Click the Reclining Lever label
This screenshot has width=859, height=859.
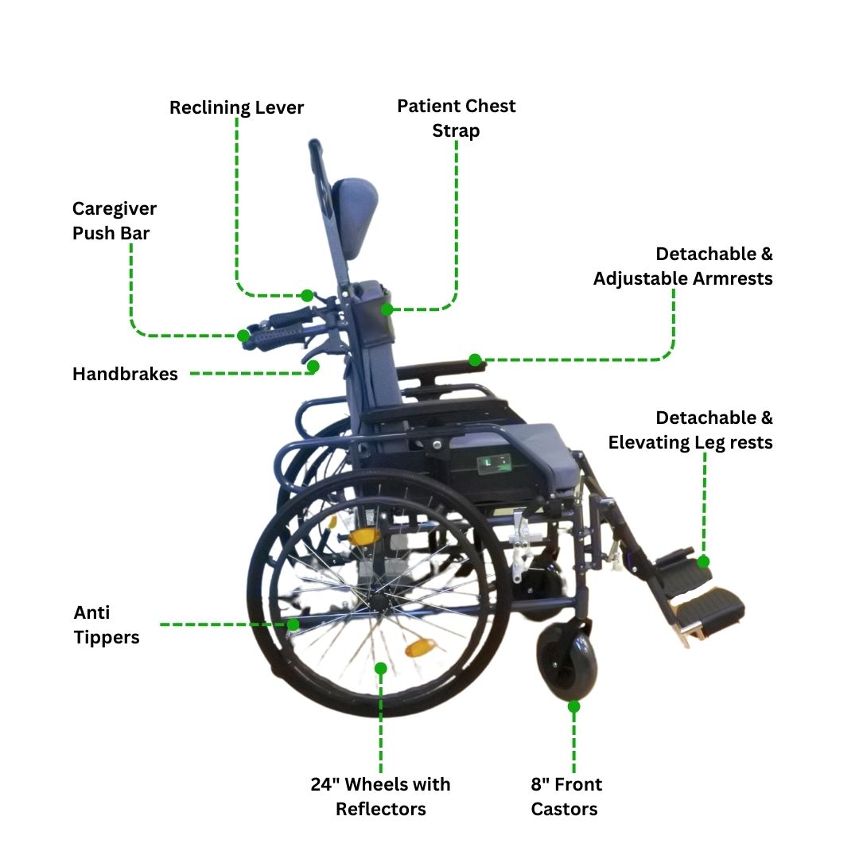236,107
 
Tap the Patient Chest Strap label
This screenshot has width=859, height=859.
456,118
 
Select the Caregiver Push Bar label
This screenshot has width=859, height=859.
114,220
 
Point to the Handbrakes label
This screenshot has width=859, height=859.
125,374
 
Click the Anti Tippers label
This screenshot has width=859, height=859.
107,624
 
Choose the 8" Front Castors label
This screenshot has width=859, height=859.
566,796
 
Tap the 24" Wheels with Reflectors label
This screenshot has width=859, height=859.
380,796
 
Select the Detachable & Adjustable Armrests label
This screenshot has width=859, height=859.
682,266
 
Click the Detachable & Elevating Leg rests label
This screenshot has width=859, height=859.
690,429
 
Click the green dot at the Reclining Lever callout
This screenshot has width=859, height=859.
307,296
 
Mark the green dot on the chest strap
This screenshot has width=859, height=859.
387,309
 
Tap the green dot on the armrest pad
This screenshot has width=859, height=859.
475,360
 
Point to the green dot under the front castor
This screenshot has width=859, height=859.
573,707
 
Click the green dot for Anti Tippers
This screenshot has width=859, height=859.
293,624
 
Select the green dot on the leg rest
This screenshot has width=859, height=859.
703,562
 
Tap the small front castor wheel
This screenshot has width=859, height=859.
567,660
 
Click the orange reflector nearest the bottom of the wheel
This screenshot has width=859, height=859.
420,647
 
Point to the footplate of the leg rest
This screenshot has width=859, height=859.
707,609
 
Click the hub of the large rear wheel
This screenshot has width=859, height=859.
378,598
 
